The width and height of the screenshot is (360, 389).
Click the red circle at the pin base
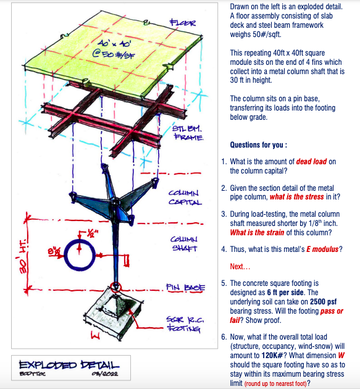115,287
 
